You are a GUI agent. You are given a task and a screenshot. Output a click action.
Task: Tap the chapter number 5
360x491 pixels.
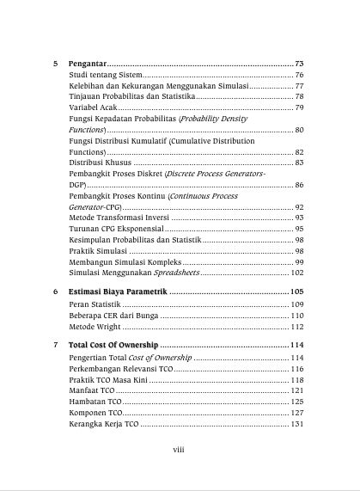[55, 64]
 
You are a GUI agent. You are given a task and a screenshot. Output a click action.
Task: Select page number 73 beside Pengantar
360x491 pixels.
[299, 64]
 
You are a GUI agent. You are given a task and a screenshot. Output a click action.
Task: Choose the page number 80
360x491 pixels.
[299, 129]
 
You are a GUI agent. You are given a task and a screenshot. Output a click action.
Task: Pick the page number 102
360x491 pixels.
[297, 273]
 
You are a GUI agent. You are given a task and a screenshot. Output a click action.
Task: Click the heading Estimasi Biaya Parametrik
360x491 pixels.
[118, 293]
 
